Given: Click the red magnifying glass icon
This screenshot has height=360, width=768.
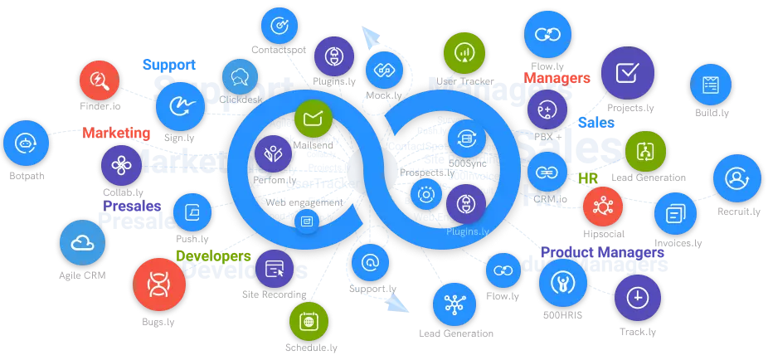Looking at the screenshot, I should point(100,81).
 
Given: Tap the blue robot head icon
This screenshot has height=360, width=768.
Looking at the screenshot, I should point(26,143).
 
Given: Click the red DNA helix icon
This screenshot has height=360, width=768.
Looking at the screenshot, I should point(158,285).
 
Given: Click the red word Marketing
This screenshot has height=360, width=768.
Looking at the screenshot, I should point(116,133).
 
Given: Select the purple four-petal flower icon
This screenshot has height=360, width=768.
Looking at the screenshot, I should point(122,165).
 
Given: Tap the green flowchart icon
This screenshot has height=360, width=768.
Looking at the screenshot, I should point(646,151).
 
